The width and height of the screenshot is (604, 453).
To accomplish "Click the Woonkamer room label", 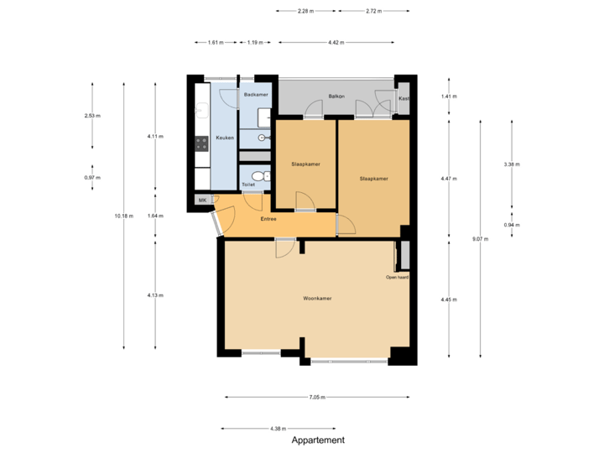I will click(x=317, y=299).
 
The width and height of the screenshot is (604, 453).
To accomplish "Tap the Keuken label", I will click(x=225, y=138).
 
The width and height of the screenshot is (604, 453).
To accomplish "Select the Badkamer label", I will click(x=255, y=95).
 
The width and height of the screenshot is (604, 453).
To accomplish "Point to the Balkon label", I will click(x=337, y=96).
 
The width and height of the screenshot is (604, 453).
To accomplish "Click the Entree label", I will click(x=268, y=219).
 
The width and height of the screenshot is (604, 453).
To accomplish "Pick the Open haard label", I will click(x=397, y=277).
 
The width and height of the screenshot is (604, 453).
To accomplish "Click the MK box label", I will click(x=202, y=200).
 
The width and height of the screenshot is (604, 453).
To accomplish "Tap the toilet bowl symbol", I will click(x=259, y=176).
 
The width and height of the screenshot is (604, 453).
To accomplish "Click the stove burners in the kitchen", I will click(x=201, y=143).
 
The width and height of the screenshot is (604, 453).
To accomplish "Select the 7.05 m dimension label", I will click(x=316, y=397).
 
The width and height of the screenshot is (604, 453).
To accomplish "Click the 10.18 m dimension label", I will click(x=123, y=216).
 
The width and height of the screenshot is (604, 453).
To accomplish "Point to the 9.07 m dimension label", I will click(x=481, y=239).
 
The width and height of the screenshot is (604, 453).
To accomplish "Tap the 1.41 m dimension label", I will click(x=450, y=96).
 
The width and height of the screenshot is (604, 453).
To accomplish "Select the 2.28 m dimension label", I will click(x=305, y=12).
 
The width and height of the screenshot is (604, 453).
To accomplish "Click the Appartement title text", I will click(x=318, y=440).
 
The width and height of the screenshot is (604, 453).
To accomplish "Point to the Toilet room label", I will click(x=248, y=184).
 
